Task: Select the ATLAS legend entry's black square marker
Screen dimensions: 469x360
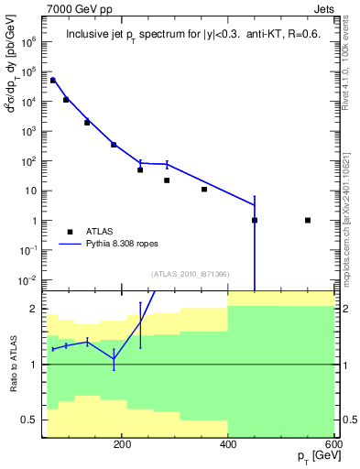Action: coord(71,232)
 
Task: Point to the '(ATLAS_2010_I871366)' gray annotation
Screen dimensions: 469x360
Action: coord(190,274)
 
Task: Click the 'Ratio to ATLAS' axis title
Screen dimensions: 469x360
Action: coord(14,364)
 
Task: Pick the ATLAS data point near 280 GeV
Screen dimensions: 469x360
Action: coord(167,180)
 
